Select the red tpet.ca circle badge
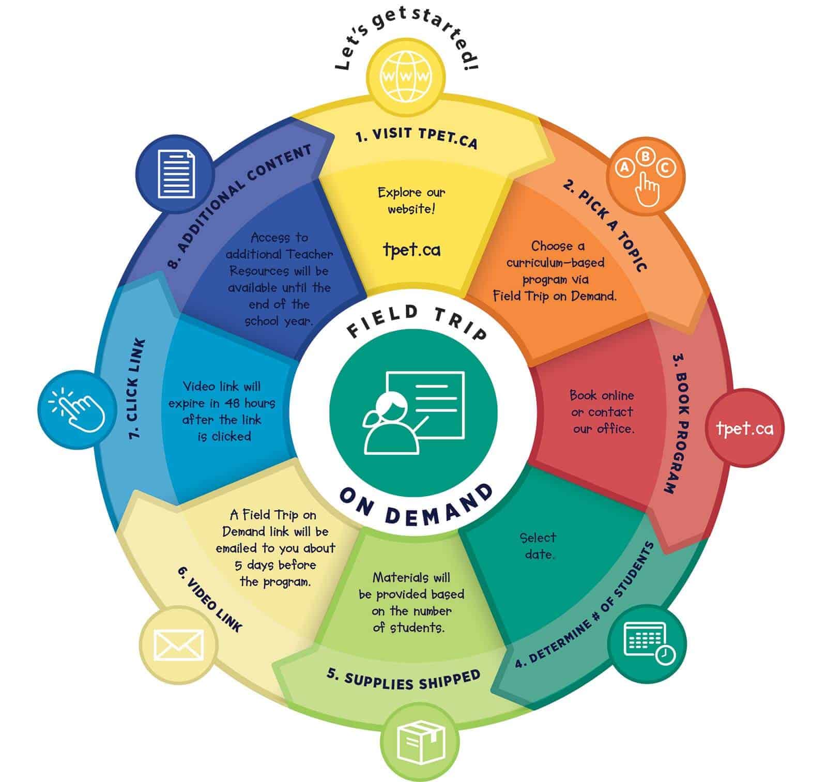745,428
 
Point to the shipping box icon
420,742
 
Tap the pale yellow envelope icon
178,645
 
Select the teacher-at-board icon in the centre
413,410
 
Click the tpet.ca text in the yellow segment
411,250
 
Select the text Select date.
538,546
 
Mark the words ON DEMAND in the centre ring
416,509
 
